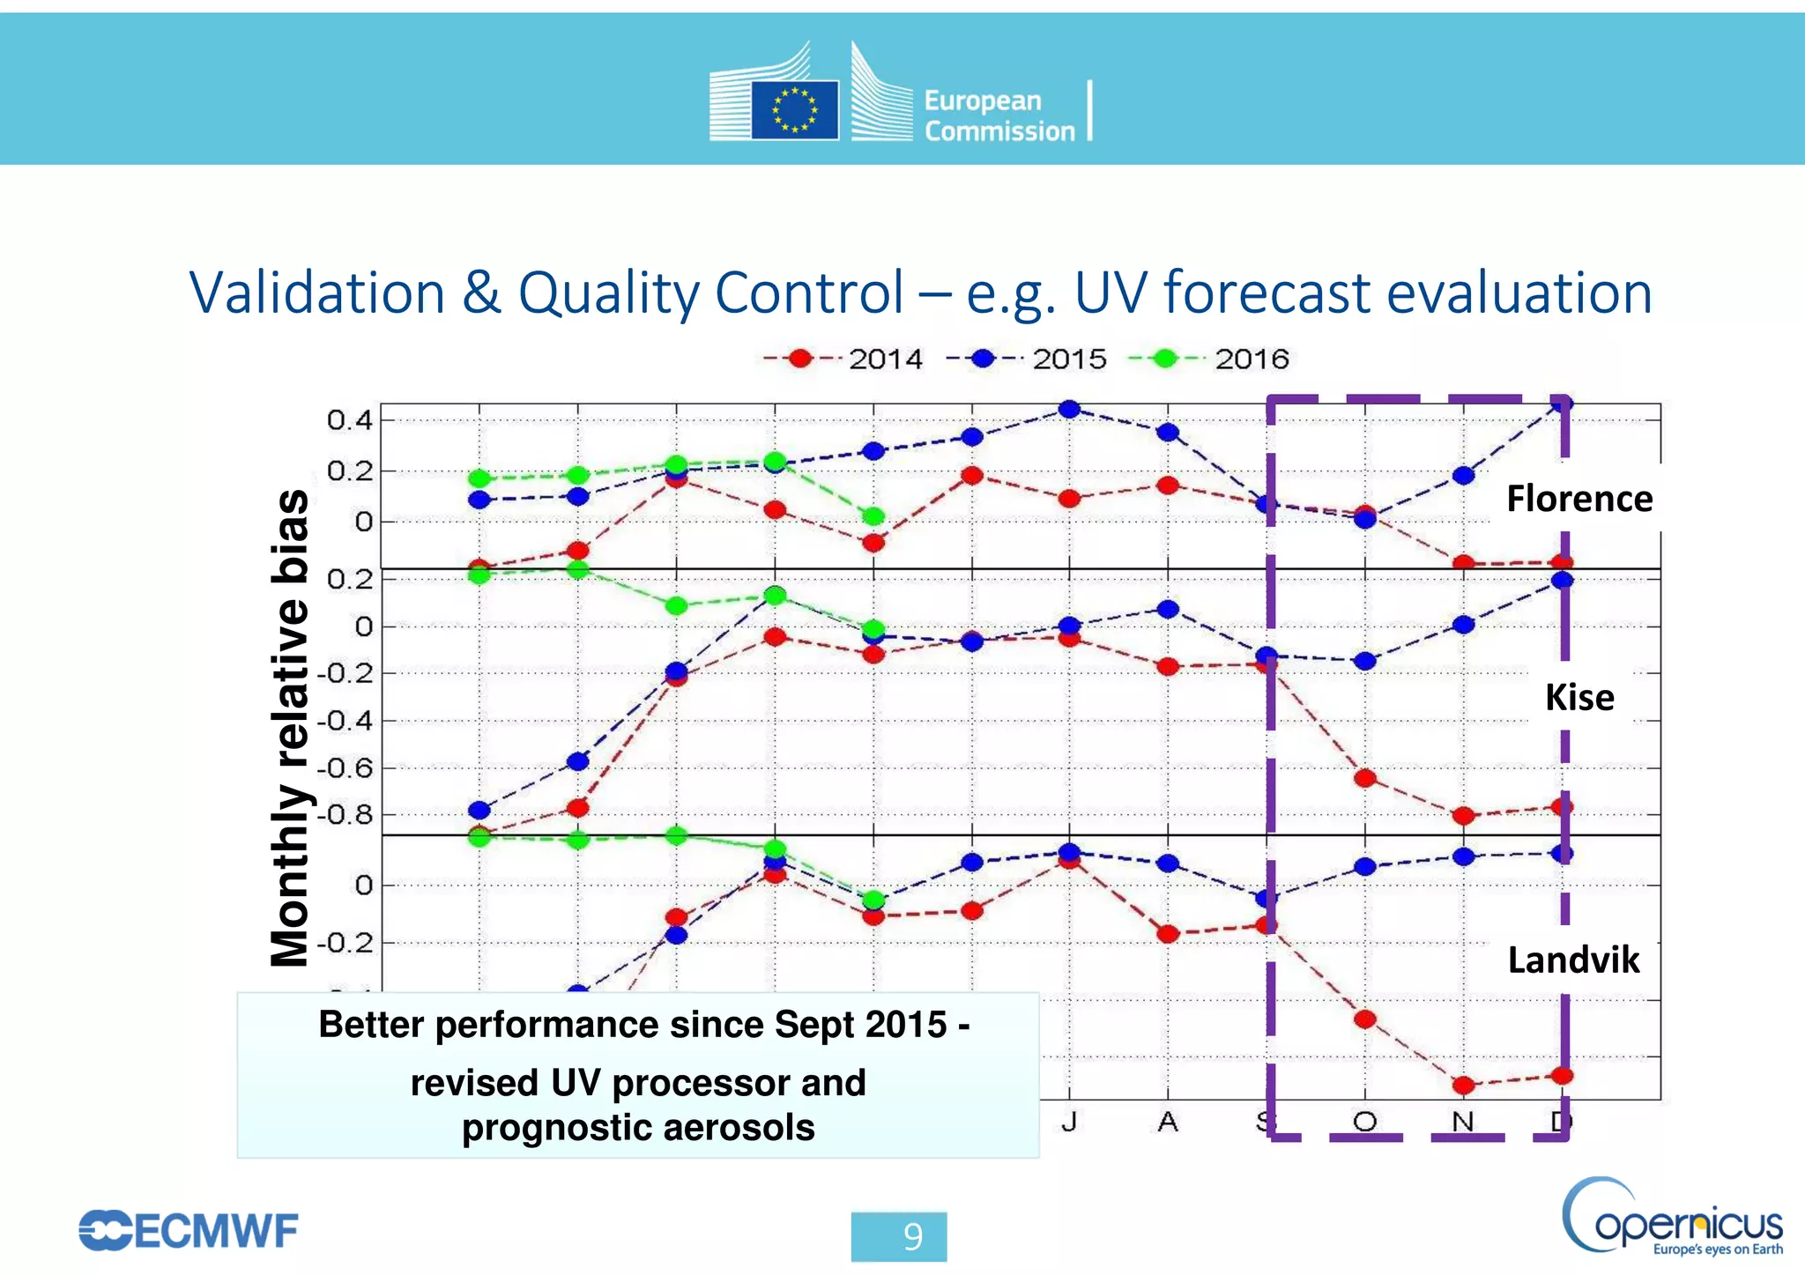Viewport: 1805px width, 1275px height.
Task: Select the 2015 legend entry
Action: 1028,359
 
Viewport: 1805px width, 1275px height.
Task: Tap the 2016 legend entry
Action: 1210,359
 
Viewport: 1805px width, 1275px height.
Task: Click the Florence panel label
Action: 1578,499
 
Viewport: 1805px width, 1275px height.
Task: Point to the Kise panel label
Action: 1578,697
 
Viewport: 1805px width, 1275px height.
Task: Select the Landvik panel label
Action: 1573,960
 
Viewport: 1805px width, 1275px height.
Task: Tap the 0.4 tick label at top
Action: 349,419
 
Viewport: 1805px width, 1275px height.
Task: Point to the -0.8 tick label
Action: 344,814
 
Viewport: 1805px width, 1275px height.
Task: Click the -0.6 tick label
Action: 344,767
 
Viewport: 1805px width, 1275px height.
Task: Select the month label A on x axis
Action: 1168,1122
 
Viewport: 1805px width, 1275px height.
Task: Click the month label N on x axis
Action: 1463,1122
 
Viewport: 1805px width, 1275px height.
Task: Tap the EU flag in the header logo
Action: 794,110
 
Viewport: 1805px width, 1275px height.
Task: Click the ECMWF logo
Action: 189,1231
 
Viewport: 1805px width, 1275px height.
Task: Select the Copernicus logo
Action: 1671,1217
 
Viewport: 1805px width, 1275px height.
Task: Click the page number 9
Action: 912,1237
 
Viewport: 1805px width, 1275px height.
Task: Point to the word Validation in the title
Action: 317,293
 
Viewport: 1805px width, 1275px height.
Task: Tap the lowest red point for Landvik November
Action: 1463,1085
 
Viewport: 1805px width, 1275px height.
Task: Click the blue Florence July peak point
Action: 1069,409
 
